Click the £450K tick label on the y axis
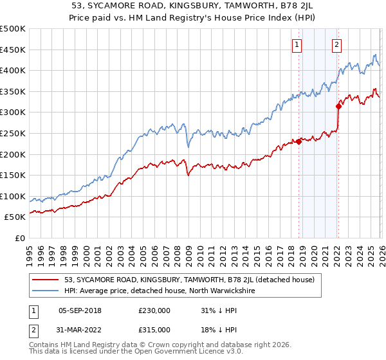13,50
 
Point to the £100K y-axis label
13,196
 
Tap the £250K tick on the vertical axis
13,133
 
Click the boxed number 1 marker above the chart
297,44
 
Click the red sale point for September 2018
299,142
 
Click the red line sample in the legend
45,280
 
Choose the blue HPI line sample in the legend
45,291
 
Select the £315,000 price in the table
154,329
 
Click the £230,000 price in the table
154,310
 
